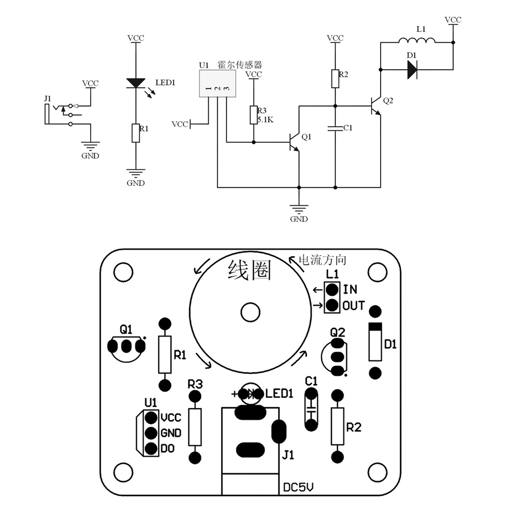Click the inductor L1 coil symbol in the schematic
tap(417, 40)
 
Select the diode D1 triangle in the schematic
tap(412, 69)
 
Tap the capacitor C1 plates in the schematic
tap(335, 128)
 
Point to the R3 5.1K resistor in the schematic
tap(253, 115)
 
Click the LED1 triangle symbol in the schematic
tap(136, 83)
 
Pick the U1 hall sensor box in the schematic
tap(217, 84)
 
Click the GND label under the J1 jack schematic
tap(90, 156)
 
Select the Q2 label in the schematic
tap(388, 101)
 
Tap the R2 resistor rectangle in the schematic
tap(335, 78)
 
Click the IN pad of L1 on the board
tap(332, 289)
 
